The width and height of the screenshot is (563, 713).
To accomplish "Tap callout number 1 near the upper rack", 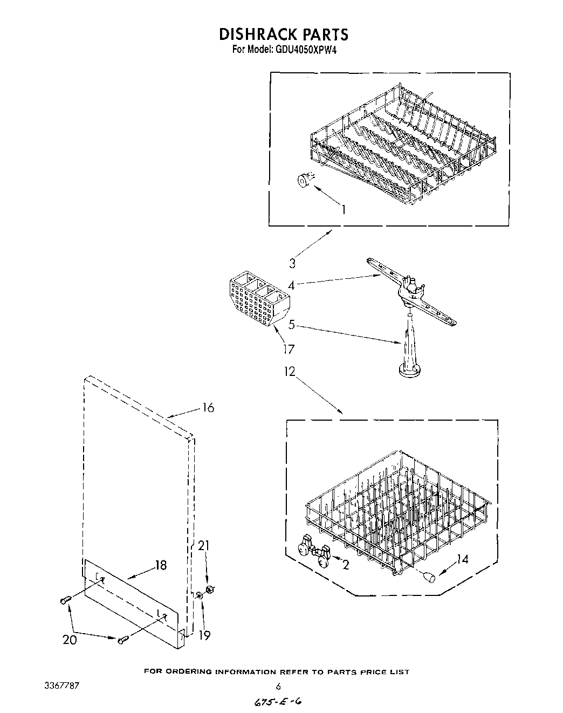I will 343,209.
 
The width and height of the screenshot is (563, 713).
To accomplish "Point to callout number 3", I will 292,263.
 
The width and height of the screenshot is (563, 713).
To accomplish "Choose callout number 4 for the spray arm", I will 291,285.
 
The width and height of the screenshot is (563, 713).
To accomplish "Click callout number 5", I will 291,325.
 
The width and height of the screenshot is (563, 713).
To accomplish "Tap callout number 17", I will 289,349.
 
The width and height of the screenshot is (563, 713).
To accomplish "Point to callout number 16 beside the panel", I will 208,408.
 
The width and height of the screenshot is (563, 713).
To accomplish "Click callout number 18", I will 160,565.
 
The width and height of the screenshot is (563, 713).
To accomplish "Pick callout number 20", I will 70,640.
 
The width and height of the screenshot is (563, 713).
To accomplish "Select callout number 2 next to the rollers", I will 345,565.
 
